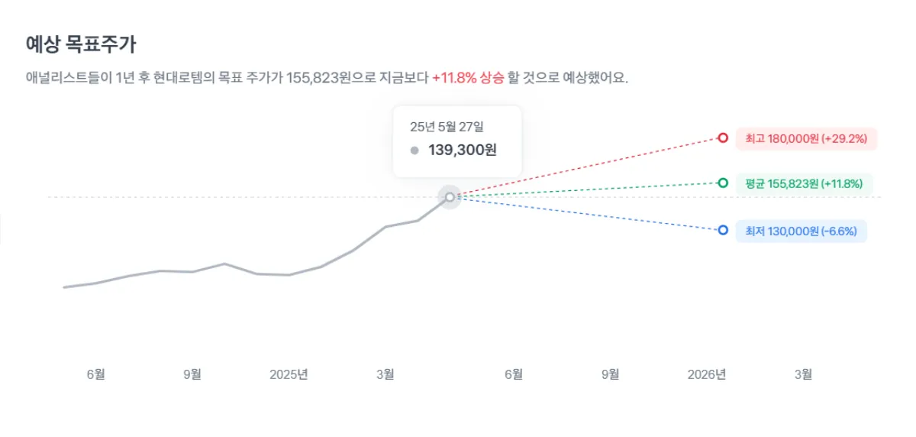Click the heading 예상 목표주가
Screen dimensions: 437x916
[81, 44]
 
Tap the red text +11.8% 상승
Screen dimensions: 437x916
[468, 78]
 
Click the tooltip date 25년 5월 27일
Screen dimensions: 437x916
[447, 126]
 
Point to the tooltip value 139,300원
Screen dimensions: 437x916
[463, 151]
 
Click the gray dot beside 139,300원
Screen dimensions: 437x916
[414, 151]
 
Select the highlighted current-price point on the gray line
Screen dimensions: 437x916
[450, 197]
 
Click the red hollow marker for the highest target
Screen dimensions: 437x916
[723, 138]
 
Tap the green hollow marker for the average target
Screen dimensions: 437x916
[723, 183]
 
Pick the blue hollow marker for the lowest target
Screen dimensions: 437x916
[723, 230]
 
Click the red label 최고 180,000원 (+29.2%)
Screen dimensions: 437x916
[806, 139]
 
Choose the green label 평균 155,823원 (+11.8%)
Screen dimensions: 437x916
[804, 183]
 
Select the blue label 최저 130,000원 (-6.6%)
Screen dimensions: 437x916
[801, 231]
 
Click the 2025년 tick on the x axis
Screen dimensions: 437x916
[289, 374]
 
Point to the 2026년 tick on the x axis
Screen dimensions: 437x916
[706, 374]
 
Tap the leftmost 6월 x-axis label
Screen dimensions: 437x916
[95, 374]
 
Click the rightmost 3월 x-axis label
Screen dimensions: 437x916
[803, 374]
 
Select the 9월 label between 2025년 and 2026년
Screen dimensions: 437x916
[611, 374]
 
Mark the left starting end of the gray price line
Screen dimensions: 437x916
[64, 287]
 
